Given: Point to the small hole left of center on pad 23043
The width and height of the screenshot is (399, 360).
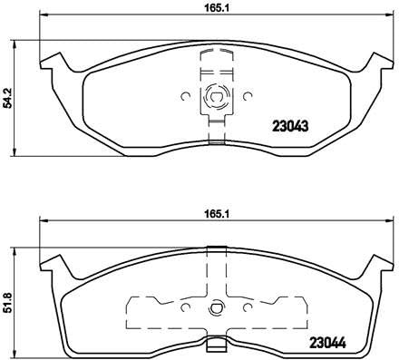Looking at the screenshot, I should point(184,93).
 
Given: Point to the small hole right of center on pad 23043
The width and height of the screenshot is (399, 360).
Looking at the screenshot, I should point(247,93).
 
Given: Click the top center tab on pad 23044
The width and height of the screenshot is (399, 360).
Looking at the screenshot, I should point(215,249).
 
